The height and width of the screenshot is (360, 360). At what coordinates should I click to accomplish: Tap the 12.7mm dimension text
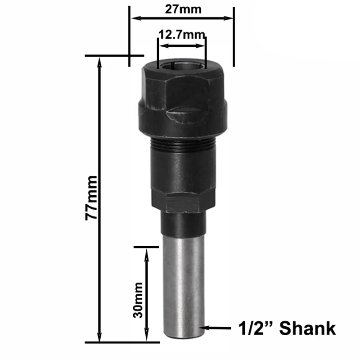point(181,35)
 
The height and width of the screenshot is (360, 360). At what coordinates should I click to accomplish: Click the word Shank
point(308,328)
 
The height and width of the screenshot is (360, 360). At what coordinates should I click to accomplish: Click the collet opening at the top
point(181,64)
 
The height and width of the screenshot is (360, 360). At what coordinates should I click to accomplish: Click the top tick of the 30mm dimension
point(147,247)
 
